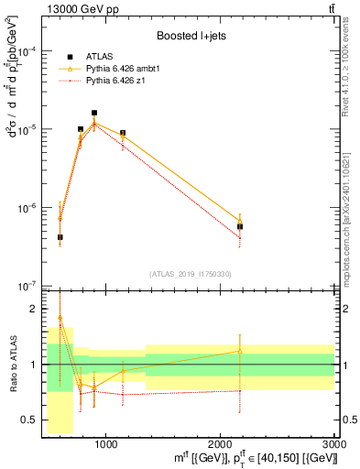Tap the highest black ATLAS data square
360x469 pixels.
click(94, 113)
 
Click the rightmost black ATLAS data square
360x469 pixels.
click(240, 226)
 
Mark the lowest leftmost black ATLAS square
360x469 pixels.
click(60, 237)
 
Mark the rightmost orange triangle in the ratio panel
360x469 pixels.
click(240, 351)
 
